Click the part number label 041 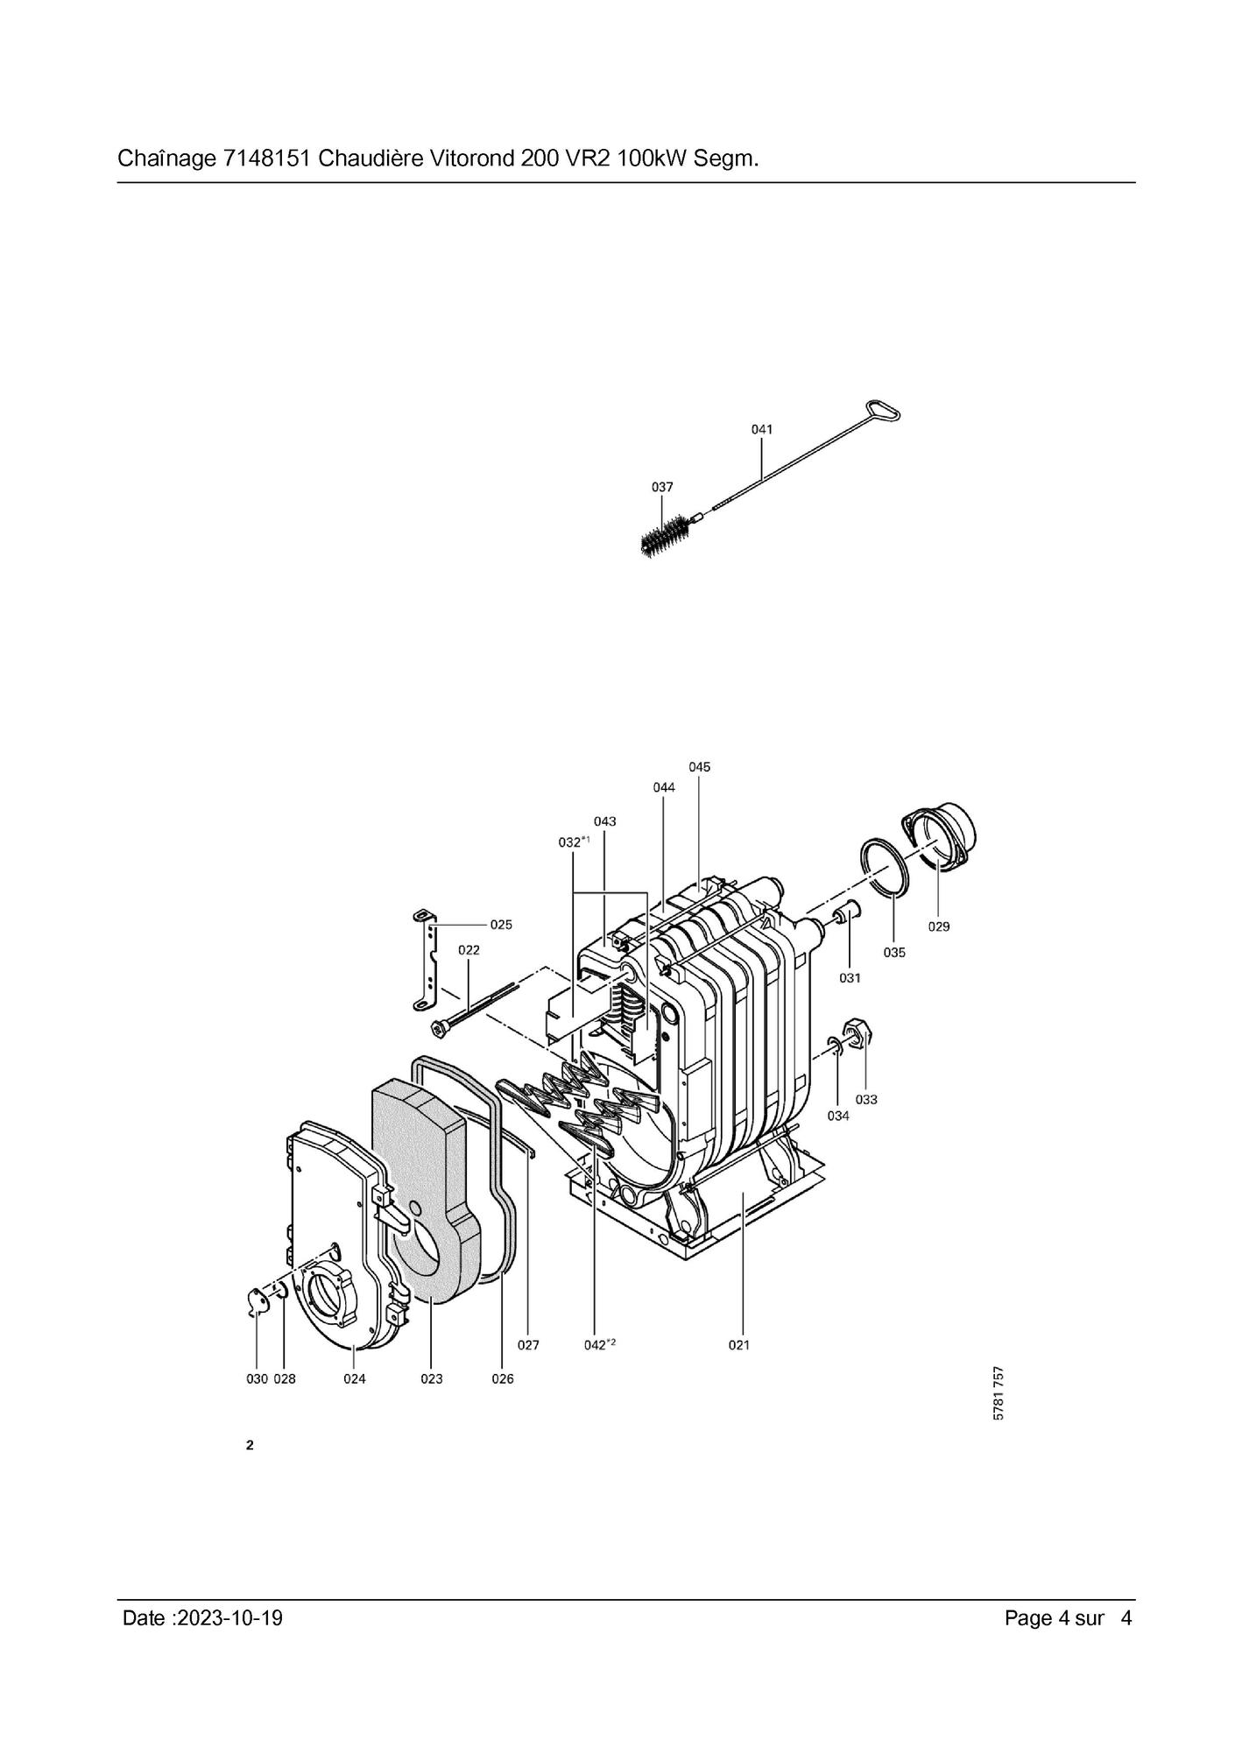[762, 429]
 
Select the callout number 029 [938, 926]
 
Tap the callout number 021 [739, 1345]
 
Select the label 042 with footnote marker [600, 1345]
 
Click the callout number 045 [699, 767]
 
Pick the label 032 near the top [575, 842]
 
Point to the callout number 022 [469, 950]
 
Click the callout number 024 [354, 1379]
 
